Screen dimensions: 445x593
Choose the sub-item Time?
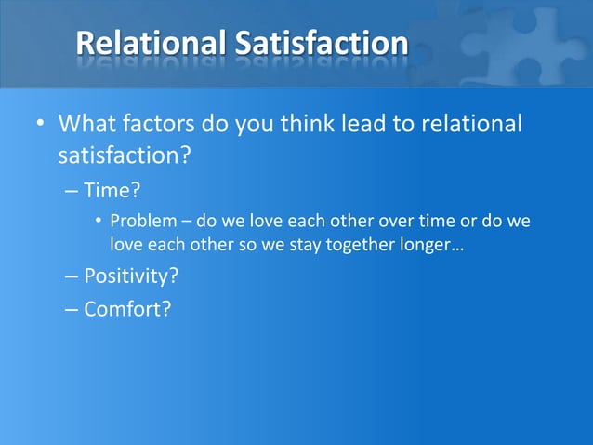112,192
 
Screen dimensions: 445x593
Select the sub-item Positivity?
131,276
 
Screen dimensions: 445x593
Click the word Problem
139,223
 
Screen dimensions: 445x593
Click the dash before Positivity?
72,276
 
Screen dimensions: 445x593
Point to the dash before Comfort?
72,308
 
